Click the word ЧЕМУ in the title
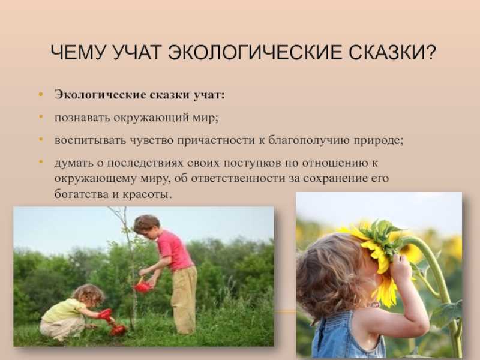coord(79,52)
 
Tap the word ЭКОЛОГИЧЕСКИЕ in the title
coord(255,52)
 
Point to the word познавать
coord(82,118)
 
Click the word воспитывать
coord(91,140)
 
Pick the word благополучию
coord(308,140)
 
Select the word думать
coord(74,163)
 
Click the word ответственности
coord(238,178)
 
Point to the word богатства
coord(81,194)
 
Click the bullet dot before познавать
coord(41,116)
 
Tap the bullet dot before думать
coord(41,161)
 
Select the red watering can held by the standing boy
coord(142,286)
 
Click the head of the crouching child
coord(89,295)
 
